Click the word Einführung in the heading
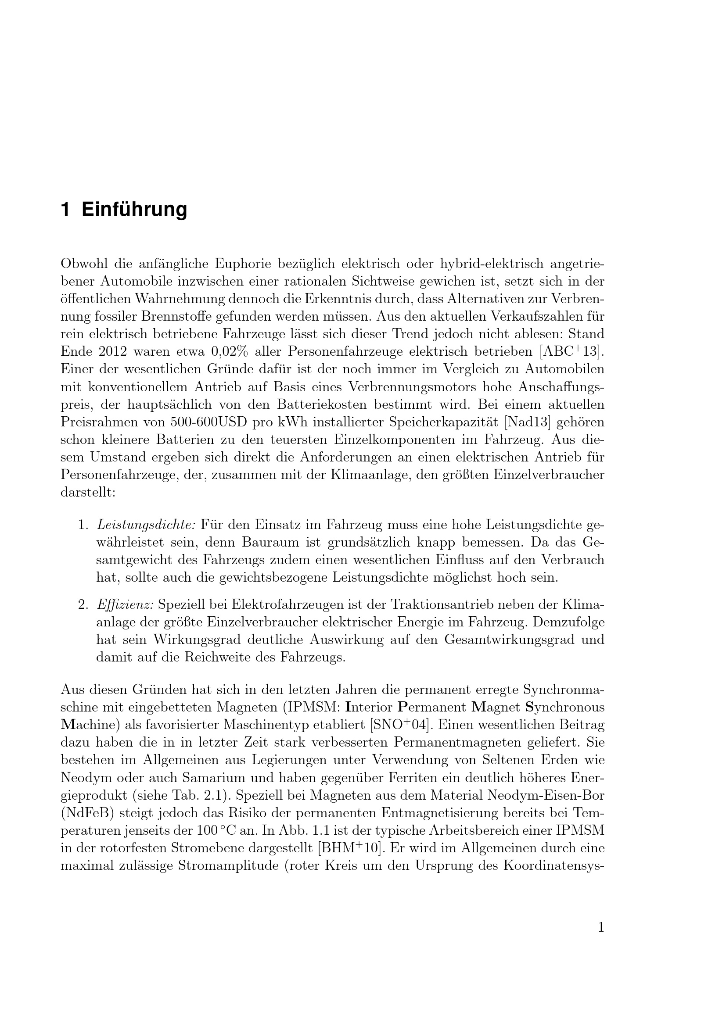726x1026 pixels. point(134,210)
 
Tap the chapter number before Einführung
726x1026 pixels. point(65,210)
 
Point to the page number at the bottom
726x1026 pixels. point(601,928)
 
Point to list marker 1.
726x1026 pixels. point(83,524)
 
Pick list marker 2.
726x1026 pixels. point(83,604)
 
